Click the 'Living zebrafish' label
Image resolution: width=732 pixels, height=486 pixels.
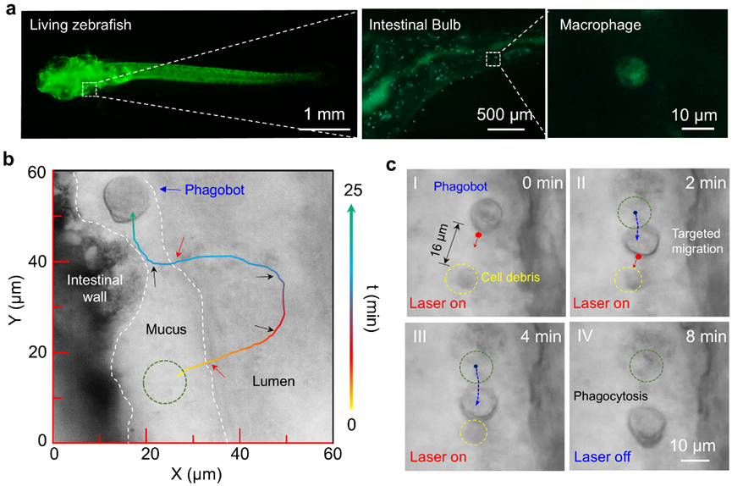pyautogui.click(x=80, y=25)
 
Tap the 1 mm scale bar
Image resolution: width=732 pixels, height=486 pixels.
pyautogui.click(x=324, y=129)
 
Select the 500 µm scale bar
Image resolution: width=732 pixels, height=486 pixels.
pyautogui.click(x=506, y=129)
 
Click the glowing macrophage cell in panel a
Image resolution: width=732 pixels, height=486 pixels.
pyautogui.click(x=631, y=73)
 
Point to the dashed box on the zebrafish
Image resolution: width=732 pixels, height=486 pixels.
pyautogui.click(x=89, y=89)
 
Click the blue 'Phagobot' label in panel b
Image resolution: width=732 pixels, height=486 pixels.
pyautogui.click(x=215, y=190)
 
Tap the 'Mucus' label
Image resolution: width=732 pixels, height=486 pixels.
pyautogui.click(x=166, y=329)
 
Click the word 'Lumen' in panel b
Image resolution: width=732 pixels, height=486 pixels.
pyautogui.click(x=273, y=381)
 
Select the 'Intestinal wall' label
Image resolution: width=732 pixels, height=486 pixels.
pyautogui.click(x=95, y=289)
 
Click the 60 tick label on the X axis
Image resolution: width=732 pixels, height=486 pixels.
pyautogui.click(x=333, y=454)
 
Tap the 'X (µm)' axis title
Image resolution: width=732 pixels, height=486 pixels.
pyautogui.click(x=196, y=474)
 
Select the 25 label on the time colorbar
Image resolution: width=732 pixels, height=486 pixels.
pyautogui.click(x=353, y=191)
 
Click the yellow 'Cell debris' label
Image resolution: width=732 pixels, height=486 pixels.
pyautogui.click(x=510, y=278)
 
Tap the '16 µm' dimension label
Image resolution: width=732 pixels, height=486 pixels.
pyautogui.click(x=439, y=240)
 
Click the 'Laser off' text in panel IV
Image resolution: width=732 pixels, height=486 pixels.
pyautogui.click(x=603, y=457)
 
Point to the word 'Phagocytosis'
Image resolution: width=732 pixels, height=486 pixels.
pyautogui.click(x=611, y=396)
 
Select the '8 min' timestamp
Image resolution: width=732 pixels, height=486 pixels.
pyautogui.click(x=706, y=337)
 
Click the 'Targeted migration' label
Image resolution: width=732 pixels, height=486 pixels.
pyautogui.click(x=697, y=241)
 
